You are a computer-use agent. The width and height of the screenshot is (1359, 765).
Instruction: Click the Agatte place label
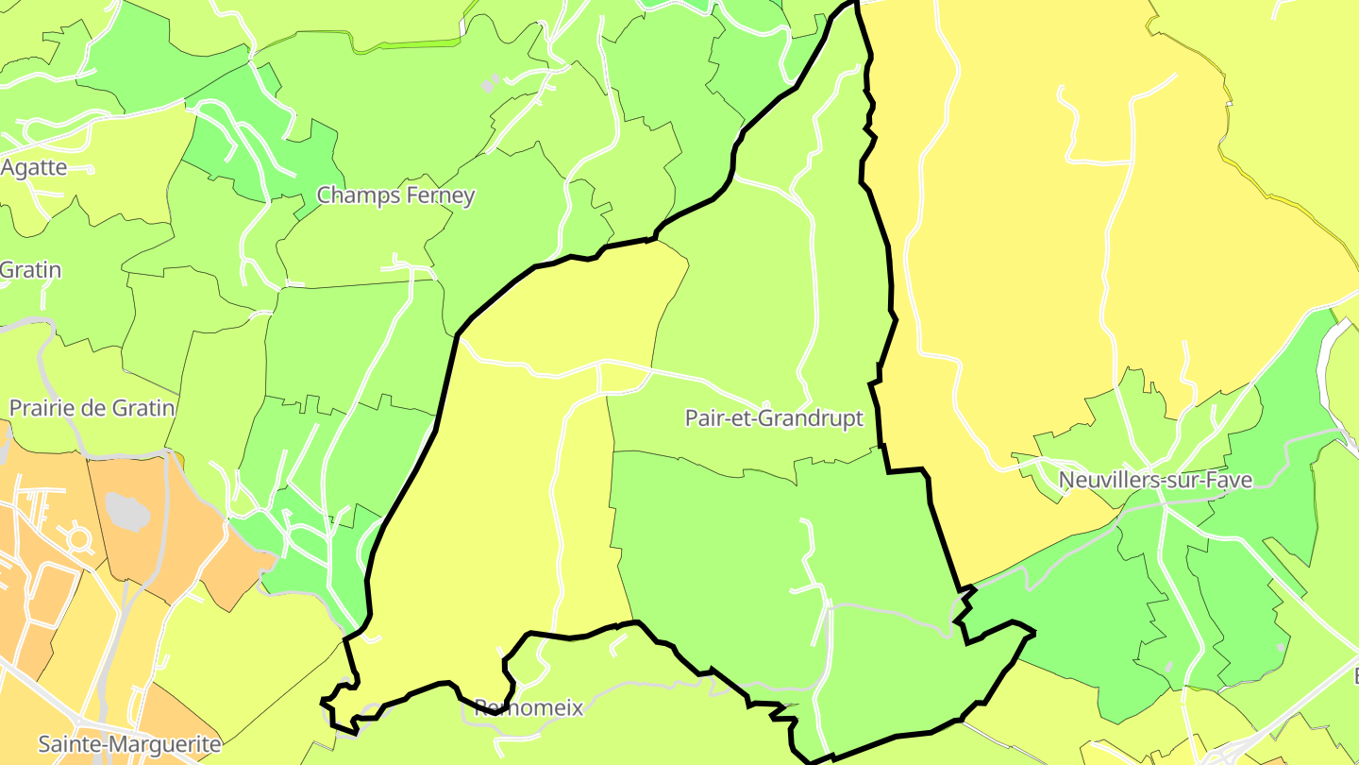(x=33, y=168)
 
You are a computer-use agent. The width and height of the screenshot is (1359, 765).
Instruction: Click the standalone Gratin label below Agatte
(x=30, y=270)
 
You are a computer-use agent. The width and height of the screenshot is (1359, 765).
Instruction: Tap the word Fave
(x=1230, y=480)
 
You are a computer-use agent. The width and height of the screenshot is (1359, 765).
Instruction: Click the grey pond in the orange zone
(x=127, y=511)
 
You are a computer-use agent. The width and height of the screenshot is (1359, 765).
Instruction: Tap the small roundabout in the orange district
(x=78, y=539)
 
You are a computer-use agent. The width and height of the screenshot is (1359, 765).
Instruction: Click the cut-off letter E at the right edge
(x=1352, y=676)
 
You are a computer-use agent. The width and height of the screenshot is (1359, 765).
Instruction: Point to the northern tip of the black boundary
(x=854, y=4)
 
